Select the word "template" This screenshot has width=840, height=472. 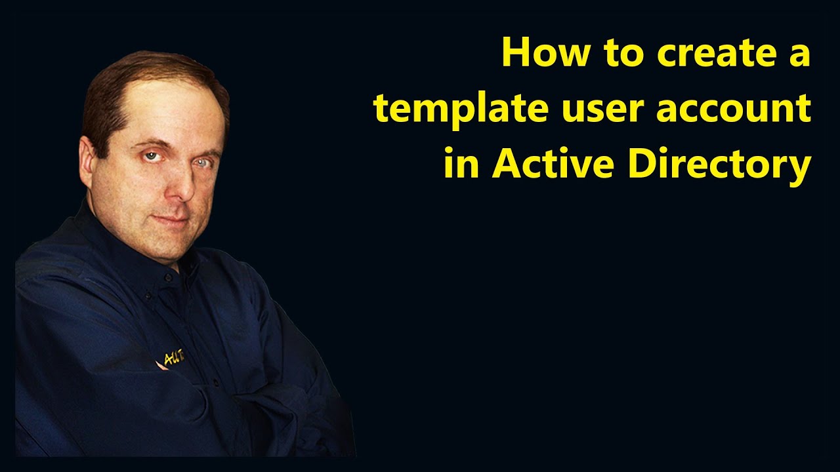(459, 109)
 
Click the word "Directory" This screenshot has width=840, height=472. (719, 164)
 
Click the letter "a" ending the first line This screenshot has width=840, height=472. (799, 58)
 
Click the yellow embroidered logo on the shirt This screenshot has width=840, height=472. (173, 357)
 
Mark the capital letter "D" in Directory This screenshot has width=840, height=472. (643, 164)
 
